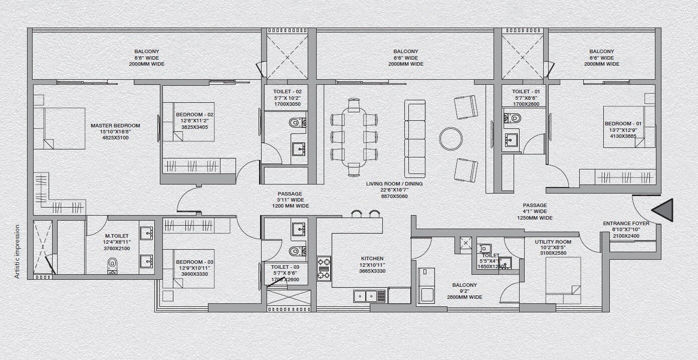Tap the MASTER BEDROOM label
[x=115, y=126]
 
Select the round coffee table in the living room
[x=450, y=139]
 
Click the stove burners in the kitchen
[x=323, y=268]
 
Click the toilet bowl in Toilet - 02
[x=296, y=122]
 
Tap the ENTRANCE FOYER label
[x=626, y=224]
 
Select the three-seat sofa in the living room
[x=414, y=138]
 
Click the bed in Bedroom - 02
[x=188, y=122]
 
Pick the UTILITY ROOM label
[x=553, y=242]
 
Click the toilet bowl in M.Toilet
[x=112, y=265]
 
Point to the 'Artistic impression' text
[x=18, y=251]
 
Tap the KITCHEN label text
[x=372, y=259]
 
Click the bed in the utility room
[x=563, y=280]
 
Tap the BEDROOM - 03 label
[x=194, y=262]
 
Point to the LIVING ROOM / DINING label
[x=394, y=184]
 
